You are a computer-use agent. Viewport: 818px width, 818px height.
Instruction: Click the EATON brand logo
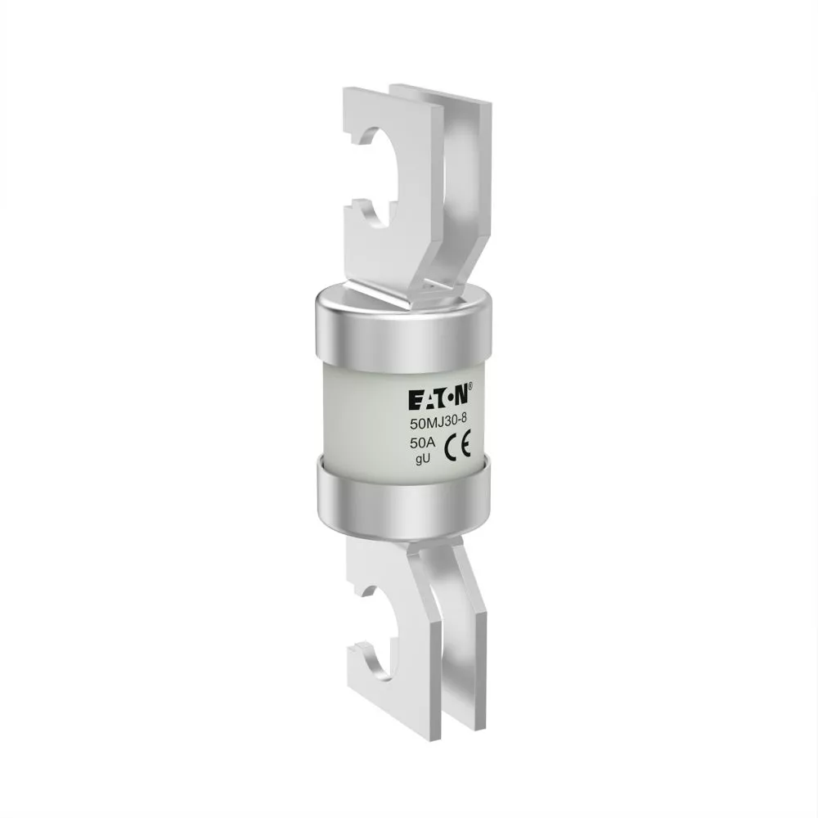(x=438, y=398)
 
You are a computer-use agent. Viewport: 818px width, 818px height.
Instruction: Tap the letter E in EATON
(x=414, y=400)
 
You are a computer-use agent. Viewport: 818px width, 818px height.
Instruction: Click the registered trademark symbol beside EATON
(x=470, y=386)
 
